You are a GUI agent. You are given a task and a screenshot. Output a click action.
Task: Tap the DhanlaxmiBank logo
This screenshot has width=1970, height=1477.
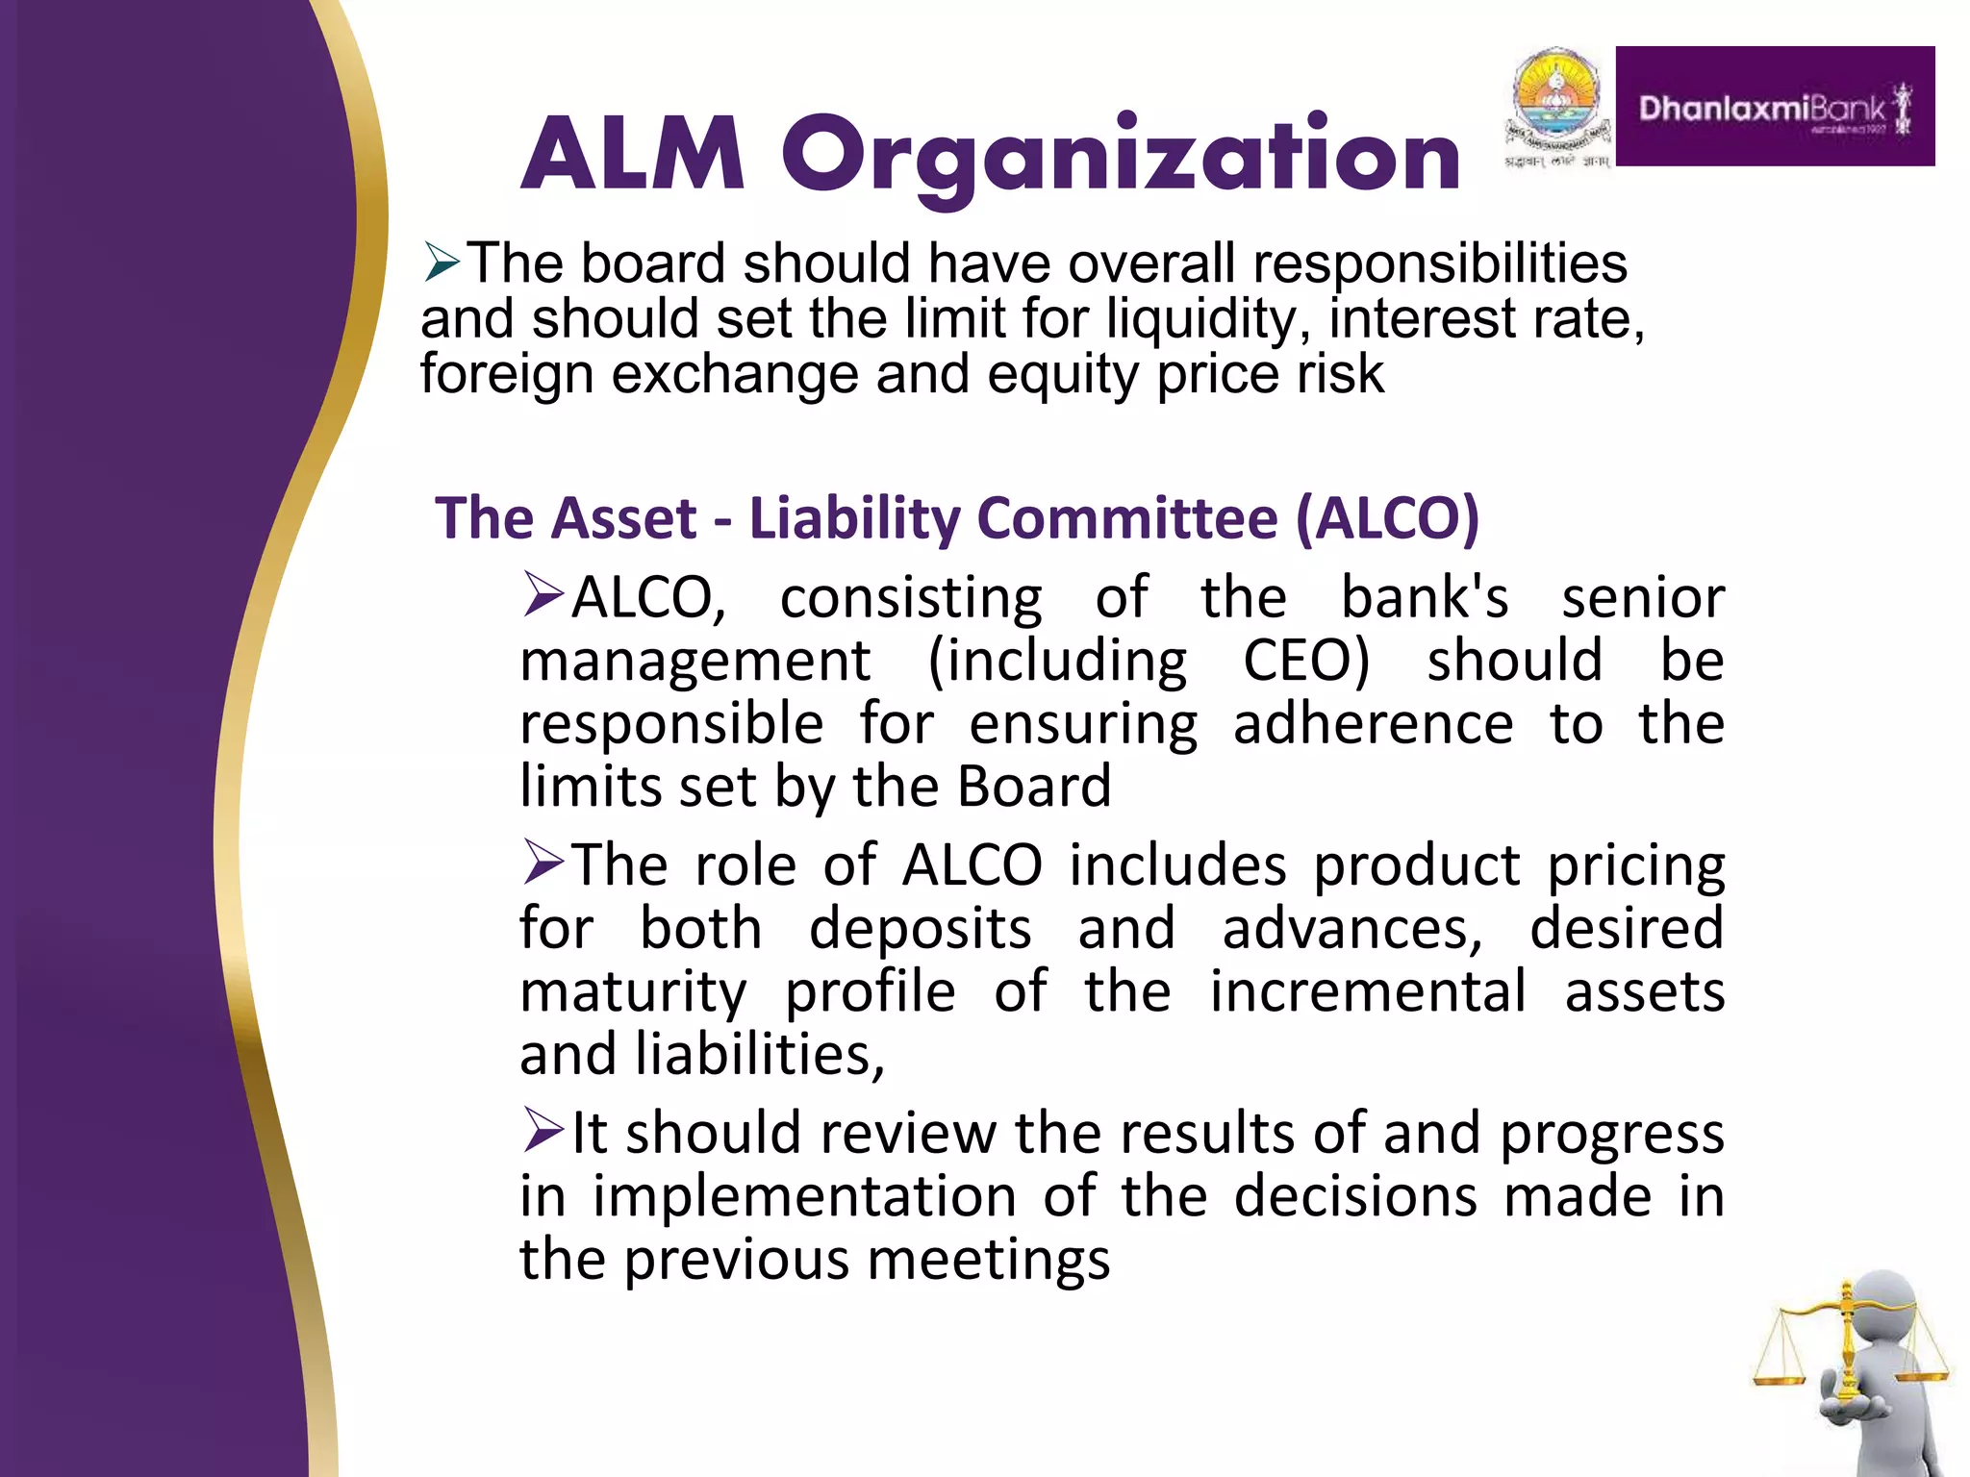[1775, 107]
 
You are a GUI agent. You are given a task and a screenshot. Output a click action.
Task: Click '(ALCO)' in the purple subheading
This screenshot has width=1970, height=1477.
[1387, 518]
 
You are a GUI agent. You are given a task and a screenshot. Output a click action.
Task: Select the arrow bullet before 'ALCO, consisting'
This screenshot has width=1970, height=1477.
[543, 595]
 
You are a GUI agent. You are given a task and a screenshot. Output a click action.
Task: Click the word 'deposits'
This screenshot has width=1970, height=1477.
[920, 929]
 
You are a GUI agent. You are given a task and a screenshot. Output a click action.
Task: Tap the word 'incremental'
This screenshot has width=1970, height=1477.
[1367, 991]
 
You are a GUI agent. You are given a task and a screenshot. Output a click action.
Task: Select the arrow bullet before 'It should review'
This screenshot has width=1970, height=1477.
[543, 1130]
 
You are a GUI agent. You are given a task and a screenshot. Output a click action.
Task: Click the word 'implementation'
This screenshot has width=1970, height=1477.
[804, 1197]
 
